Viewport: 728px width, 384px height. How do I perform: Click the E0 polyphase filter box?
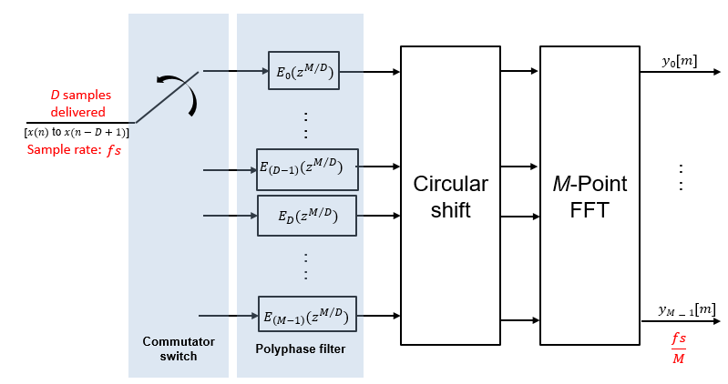pyautogui.click(x=303, y=71)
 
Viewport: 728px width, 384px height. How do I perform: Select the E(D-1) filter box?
pyautogui.click(x=307, y=168)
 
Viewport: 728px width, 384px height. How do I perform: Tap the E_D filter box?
pyautogui.click(x=306, y=216)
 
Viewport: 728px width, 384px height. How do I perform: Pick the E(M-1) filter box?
pyautogui.click(x=307, y=316)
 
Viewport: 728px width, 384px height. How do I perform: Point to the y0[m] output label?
pyautogui.click(x=681, y=60)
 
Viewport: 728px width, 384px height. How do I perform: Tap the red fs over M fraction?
pyautogui.click(x=679, y=347)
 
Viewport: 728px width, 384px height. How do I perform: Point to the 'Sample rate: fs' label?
pyautogui.click(x=73, y=150)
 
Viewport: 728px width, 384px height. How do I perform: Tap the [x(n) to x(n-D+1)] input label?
pyautogui.click(x=77, y=133)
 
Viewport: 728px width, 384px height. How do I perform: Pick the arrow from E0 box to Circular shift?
pyautogui.click(x=369, y=71)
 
